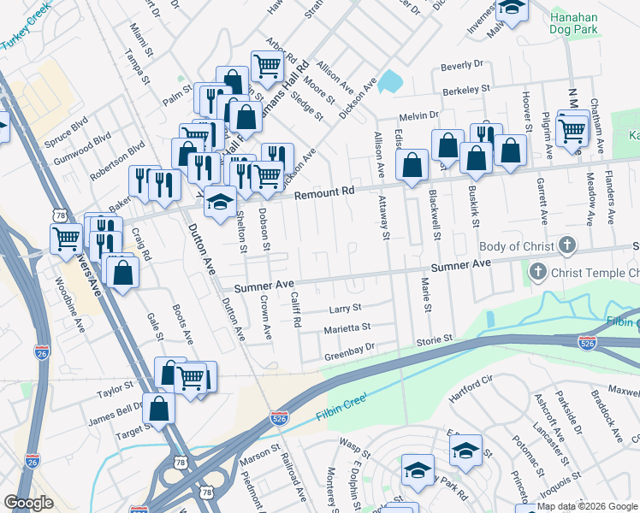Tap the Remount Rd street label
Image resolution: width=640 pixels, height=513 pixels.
coord(324,194)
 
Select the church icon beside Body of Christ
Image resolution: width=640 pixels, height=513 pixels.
coord(566,246)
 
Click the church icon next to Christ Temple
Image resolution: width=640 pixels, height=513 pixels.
coord(537,273)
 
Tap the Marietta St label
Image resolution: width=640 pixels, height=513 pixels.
coord(347,327)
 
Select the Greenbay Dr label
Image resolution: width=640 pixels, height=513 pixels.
coord(349,349)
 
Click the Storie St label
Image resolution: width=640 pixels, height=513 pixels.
coord(434,339)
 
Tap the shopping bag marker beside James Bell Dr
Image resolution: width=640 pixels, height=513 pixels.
coord(159,409)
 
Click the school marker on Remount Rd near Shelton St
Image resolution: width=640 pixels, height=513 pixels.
coord(221,201)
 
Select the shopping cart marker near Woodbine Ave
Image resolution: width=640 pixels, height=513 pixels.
coord(66,239)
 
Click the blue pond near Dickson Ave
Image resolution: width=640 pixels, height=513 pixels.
coord(391,81)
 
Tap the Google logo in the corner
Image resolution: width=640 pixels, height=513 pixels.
coord(28,502)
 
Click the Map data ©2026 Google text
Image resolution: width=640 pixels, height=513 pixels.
coord(578,506)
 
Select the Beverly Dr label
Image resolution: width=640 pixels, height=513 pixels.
coord(462,65)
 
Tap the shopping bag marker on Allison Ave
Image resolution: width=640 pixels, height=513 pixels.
coord(412,166)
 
